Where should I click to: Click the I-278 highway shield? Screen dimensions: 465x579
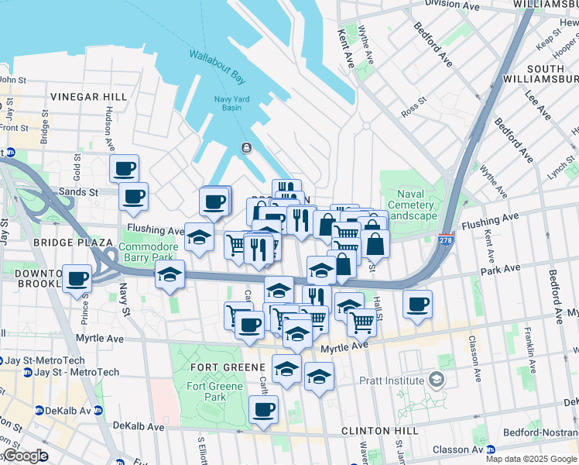coord(446,240)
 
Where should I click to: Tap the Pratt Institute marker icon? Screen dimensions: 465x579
coord(437,380)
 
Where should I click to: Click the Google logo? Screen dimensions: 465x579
coord(26,456)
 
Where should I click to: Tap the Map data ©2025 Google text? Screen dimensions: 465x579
coord(530,459)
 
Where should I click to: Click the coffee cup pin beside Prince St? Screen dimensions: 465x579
coord(77,277)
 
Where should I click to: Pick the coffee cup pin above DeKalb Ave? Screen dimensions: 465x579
coord(263,408)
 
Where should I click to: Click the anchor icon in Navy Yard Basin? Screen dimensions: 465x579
coord(246,148)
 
